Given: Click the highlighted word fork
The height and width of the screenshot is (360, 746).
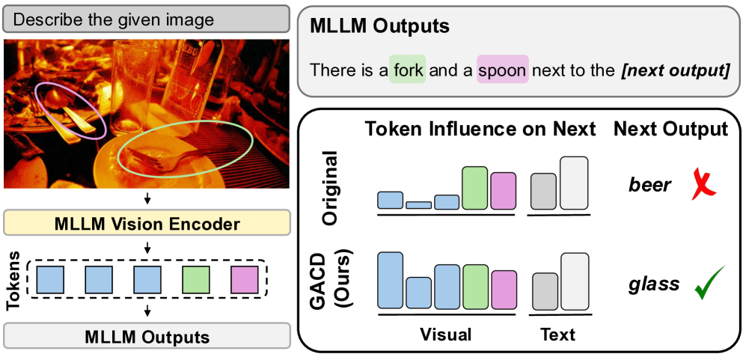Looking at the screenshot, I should (x=408, y=71).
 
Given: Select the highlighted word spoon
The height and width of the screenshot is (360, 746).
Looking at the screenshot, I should (x=502, y=71).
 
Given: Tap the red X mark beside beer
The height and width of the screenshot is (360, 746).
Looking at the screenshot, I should (x=705, y=184).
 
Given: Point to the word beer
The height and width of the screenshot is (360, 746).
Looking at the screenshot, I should (x=650, y=185).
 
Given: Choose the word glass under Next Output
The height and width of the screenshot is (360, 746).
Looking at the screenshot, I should (x=654, y=284).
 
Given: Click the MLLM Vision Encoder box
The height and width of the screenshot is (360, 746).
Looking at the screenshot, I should (x=147, y=223).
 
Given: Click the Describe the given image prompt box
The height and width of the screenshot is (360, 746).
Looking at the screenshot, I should (x=147, y=19).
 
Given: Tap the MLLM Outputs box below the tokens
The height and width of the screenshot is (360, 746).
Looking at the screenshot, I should (x=147, y=335).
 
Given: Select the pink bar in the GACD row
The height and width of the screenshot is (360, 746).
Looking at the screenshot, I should (x=504, y=289).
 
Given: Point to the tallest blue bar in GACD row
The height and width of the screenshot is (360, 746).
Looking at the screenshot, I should (x=391, y=281).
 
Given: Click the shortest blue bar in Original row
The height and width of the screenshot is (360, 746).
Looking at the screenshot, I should (x=418, y=204).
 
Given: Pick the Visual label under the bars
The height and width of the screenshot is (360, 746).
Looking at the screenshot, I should (x=447, y=335).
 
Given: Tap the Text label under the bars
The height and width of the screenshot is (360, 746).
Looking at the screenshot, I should (x=557, y=335).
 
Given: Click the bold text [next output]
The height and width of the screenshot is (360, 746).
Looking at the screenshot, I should (x=673, y=71).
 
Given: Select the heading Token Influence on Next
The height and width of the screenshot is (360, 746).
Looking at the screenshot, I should (x=480, y=129).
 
